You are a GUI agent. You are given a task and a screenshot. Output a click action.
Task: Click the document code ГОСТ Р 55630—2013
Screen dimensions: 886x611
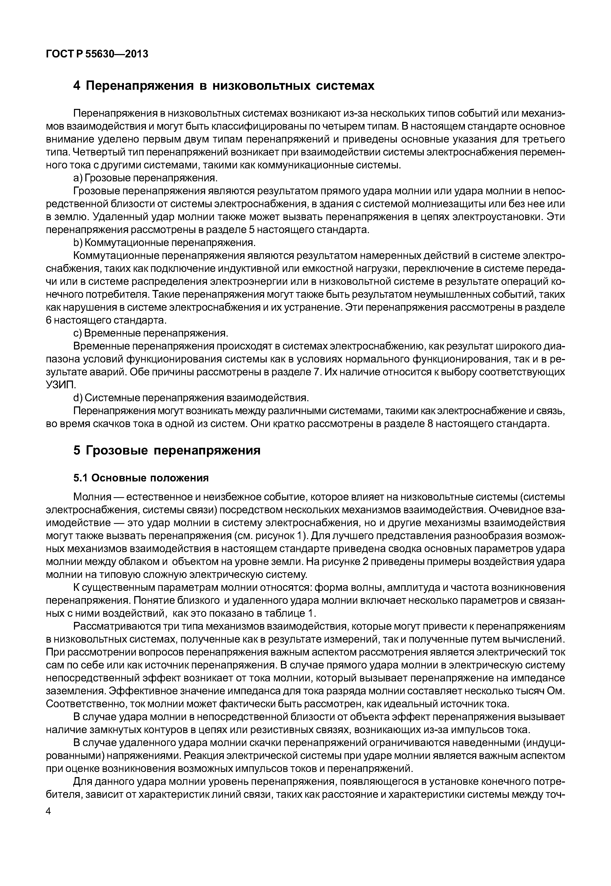coord(97,54)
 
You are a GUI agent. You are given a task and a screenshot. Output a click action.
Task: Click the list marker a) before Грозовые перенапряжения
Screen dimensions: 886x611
coord(77,178)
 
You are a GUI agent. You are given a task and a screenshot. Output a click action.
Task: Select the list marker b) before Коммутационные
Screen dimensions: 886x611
coord(77,243)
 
